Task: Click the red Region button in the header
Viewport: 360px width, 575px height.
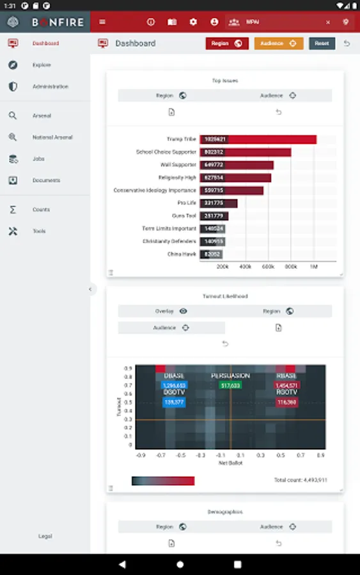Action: (x=227, y=43)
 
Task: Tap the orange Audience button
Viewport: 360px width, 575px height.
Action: (x=279, y=43)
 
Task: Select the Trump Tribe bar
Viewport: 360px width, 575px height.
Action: (x=258, y=139)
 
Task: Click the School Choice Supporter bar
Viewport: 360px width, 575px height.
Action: (x=245, y=152)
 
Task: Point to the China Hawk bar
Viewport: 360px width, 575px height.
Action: (x=211, y=254)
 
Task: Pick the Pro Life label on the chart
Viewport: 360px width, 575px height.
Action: (x=187, y=203)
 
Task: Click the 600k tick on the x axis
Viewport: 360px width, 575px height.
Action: (x=268, y=266)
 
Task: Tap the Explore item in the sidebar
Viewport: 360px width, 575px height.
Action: (x=42, y=65)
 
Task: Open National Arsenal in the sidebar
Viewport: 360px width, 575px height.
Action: (x=52, y=137)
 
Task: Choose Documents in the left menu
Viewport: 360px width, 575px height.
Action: (x=46, y=181)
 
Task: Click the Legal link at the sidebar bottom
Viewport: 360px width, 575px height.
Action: (x=45, y=537)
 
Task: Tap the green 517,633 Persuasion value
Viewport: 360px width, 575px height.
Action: (x=230, y=386)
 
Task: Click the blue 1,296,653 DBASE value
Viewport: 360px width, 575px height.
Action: (x=174, y=386)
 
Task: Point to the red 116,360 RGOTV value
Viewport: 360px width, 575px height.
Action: (x=286, y=402)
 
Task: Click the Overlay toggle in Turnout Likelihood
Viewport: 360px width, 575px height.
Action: (x=171, y=311)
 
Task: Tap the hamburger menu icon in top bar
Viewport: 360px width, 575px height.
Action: (x=102, y=22)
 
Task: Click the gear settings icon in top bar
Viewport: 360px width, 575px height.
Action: (x=193, y=22)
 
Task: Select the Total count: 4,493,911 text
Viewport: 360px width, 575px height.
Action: (x=301, y=480)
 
